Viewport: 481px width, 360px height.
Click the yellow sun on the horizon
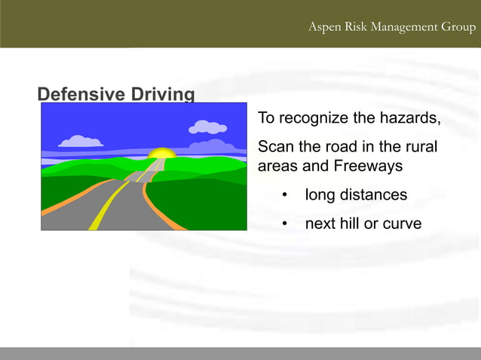[x=161, y=153]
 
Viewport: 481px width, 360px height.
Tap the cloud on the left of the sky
[x=80, y=142]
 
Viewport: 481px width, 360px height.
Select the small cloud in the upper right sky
[x=207, y=127]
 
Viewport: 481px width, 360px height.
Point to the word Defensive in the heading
[x=82, y=94]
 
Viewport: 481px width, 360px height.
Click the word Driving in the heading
[x=163, y=94]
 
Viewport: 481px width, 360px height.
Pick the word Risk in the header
[x=357, y=27]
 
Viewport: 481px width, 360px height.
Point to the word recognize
[x=313, y=118]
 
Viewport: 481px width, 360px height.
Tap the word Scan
[x=274, y=146]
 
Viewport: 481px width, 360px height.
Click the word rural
[x=421, y=146]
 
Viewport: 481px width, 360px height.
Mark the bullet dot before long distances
[x=285, y=196]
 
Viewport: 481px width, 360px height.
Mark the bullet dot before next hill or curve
[x=285, y=224]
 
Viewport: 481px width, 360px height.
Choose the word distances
[x=373, y=195]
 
